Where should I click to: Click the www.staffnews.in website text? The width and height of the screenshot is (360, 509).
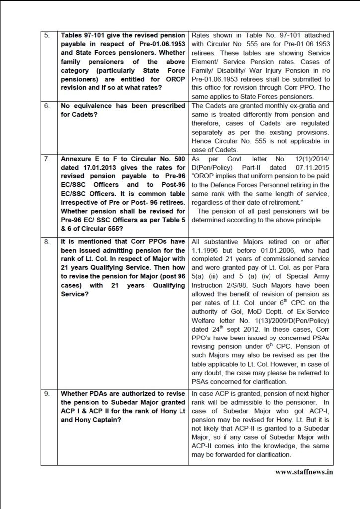(x=304, y=471)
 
